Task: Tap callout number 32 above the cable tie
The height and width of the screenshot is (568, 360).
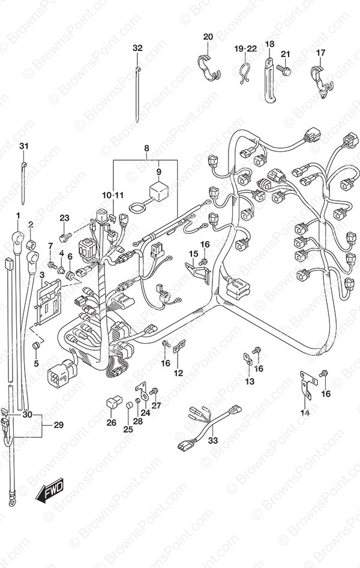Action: click(138, 48)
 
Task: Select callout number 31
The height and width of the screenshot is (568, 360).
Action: click(23, 147)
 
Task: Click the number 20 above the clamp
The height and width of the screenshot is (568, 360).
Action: click(208, 37)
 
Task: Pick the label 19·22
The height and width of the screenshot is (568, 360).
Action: click(245, 48)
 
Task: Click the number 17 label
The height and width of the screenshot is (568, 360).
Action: click(321, 53)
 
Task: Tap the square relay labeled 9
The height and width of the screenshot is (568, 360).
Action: click(159, 191)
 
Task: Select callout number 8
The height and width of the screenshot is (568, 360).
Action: click(146, 148)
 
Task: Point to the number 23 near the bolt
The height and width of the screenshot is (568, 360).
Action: click(65, 218)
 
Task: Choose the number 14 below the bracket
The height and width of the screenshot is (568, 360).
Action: click(304, 413)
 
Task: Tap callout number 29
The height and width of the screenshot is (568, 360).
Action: click(58, 425)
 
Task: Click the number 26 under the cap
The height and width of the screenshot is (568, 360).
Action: click(111, 422)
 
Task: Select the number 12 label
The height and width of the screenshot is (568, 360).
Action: click(178, 373)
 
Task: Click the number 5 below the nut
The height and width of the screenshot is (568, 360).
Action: click(35, 363)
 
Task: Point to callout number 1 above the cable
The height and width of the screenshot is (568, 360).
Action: click(18, 215)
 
